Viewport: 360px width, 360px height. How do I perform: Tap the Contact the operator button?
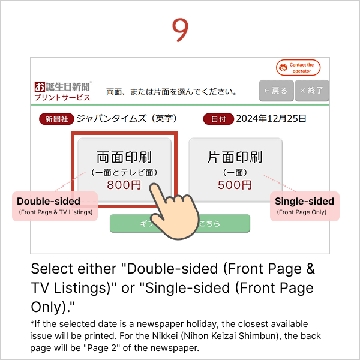click(x=298, y=68)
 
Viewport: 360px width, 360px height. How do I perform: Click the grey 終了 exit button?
click(x=311, y=91)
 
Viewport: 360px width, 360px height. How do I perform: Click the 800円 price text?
click(x=124, y=185)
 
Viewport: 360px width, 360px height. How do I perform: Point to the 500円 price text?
click(x=235, y=185)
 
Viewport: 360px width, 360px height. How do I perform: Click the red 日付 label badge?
click(x=218, y=119)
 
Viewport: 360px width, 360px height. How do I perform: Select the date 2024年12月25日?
click(x=271, y=119)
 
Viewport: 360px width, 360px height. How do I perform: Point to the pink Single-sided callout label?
click(x=305, y=206)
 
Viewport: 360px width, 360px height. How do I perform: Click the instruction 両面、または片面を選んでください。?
click(x=171, y=92)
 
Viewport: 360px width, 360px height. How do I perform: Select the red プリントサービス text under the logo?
click(x=62, y=97)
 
